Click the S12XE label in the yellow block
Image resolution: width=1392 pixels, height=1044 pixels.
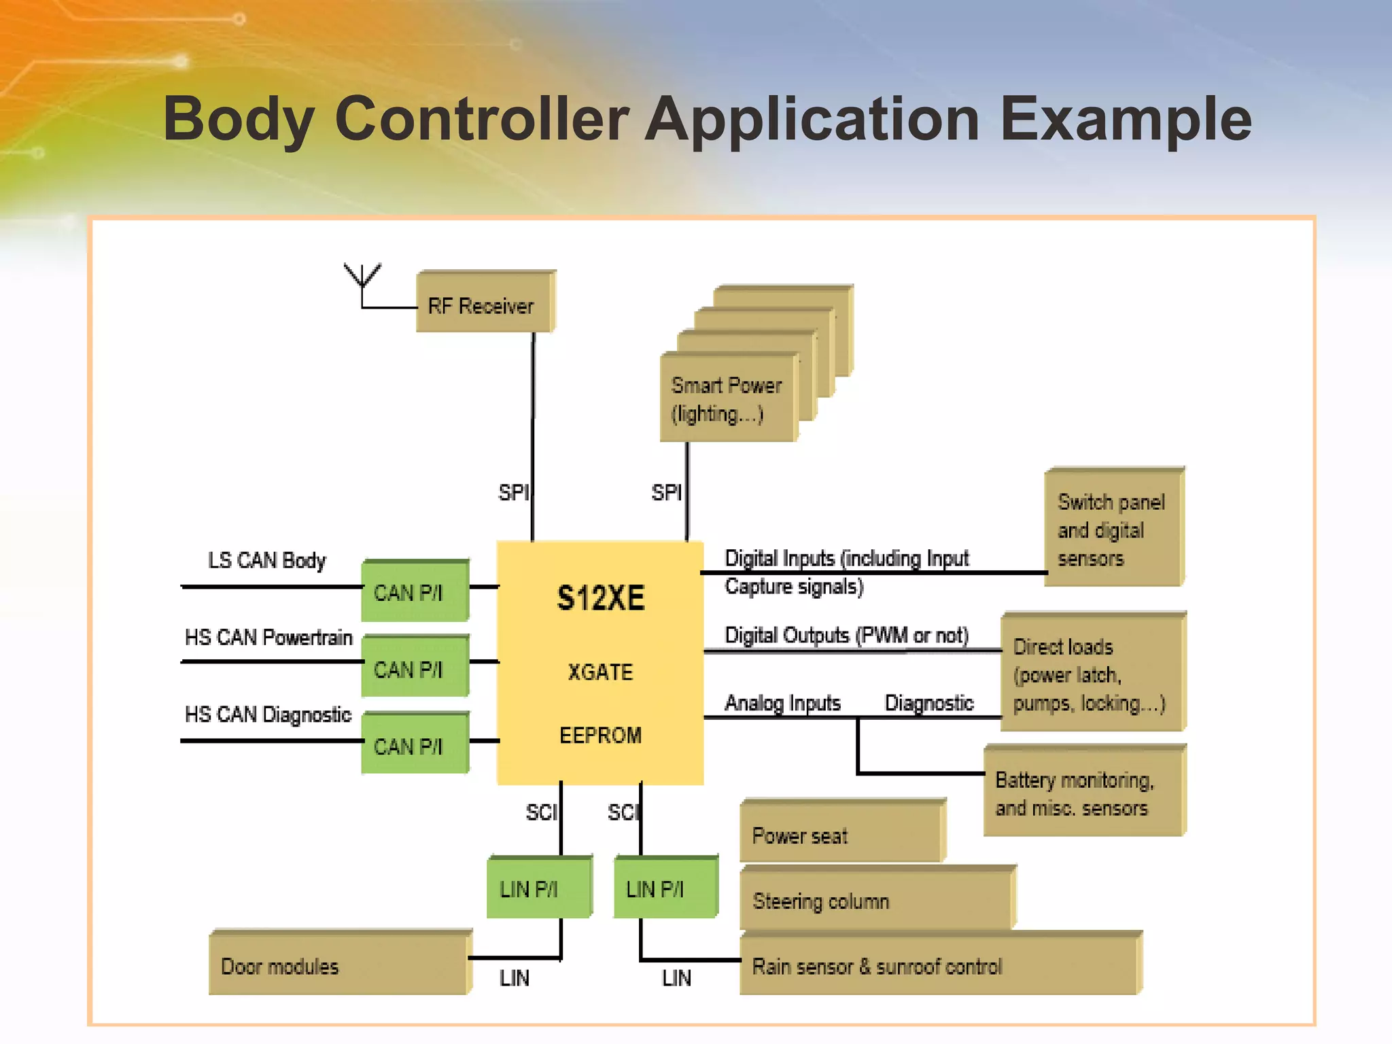click(x=600, y=598)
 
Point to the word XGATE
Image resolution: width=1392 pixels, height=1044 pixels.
click(x=600, y=672)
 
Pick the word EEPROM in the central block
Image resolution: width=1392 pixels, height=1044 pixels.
click(x=600, y=735)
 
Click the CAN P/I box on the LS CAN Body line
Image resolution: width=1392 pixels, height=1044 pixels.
click(x=414, y=591)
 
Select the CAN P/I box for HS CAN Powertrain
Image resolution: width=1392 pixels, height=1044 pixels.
click(x=414, y=667)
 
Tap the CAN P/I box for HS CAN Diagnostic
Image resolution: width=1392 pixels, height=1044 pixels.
click(x=414, y=745)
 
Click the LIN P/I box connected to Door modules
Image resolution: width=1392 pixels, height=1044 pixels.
click(x=538, y=888)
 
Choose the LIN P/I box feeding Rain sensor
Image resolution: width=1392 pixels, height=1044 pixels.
click(x=665, y=888)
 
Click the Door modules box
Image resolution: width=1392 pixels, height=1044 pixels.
click(x=338, y=965)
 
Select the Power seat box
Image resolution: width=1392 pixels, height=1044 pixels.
click(x=841, y=834)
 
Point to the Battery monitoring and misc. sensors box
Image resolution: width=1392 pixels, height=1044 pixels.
click(x=1083, y=793)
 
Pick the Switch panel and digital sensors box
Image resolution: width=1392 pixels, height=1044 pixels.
click(x=1113, y=529)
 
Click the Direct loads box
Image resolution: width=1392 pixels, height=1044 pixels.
click(x=1092, y=674)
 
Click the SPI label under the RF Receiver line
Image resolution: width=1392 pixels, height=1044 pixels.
click(x=513, y=492)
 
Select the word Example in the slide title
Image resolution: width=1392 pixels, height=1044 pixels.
click(x=1125, y=119)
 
